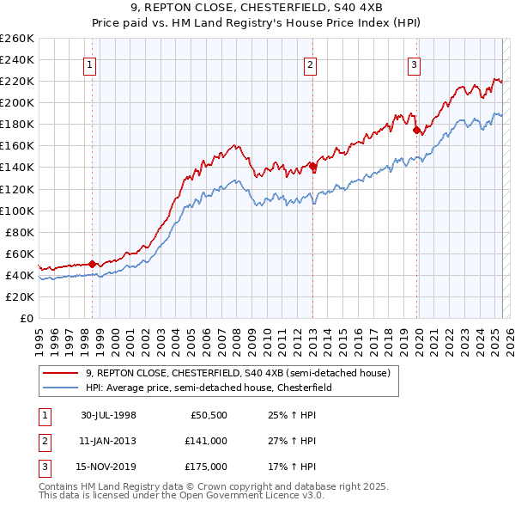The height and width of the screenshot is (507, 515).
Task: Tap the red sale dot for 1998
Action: [x=92, y=264]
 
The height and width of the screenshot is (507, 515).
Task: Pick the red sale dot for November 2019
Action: [x=416, y=130]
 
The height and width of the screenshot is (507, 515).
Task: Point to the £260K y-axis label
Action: [x=17, y=39]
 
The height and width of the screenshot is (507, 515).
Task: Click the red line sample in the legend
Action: [x=60, y=373]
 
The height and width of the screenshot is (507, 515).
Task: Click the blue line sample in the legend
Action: [x=60, y=388]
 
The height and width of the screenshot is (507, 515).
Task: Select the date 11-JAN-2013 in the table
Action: [x=109, y=441]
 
